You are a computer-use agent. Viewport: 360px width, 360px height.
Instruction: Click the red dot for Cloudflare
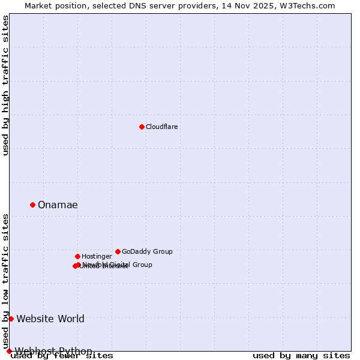tap(142, 127)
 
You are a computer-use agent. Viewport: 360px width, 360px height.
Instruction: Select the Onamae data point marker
tap(32, 205)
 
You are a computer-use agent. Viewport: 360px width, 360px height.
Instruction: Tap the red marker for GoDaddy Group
tap(118, 251)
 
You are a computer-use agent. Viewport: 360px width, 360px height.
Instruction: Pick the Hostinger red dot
tap(77, 256)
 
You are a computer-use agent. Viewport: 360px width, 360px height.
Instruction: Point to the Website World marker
tap(11, 319)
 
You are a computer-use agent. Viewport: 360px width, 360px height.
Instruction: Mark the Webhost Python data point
tap(9, 351)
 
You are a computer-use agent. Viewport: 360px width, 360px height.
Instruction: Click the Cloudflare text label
tap(161, 127)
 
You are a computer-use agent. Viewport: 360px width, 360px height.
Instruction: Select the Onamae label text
tap(58, 205)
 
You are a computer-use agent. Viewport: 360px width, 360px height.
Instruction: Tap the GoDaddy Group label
tap(147, 251)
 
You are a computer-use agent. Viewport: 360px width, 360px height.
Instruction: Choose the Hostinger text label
tap(97, 256)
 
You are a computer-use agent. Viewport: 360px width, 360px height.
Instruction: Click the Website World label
tap(50, 319)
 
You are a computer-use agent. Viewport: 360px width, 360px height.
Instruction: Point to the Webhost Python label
tap(53, 351)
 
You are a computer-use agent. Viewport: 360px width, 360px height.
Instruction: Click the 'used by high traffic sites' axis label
tap(6, 86)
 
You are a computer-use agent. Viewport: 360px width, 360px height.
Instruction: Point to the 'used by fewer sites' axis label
tap(62, 356)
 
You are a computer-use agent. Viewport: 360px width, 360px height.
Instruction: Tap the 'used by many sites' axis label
tap(301, 356)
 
